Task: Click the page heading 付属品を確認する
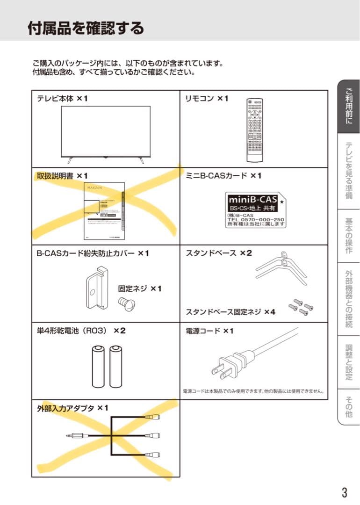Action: (86, 28)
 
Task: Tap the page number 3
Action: (344, 492)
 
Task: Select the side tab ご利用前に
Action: (348, 107)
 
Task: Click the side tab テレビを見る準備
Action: (348, 171)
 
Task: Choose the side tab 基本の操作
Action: (348, 236)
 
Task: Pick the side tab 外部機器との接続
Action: (348, 299)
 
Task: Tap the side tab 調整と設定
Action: (348, 362)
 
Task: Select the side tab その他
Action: (348, 406)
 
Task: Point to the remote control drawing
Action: (255, 130)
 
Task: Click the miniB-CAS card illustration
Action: (255, 209)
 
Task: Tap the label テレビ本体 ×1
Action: (62, 99)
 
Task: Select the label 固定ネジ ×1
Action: (139, 289)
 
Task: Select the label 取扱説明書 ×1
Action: (62, 175)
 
